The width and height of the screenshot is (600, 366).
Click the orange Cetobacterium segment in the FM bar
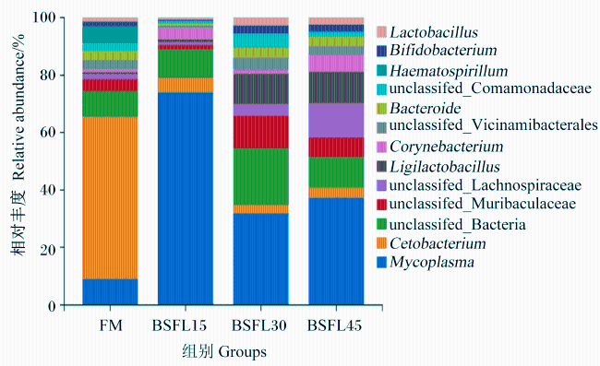[x=110, y=198]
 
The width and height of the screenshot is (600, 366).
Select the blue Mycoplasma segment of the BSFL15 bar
[x=186, y=198]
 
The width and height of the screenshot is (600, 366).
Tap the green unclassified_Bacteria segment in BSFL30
[x=261, y=176]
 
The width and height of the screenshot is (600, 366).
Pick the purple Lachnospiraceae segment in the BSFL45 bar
[x=336, y=121]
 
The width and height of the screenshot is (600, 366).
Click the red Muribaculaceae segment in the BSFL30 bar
[x=261, y=132]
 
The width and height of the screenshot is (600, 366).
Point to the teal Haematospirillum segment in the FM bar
[x=110, y=35]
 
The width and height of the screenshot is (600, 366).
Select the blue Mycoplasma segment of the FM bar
[x=110, y=292]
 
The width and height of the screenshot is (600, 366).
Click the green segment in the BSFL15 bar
[x=186, y=64]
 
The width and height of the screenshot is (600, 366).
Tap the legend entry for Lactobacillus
[x=427, y=32]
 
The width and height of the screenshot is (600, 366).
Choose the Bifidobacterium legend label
[x=443, y=50]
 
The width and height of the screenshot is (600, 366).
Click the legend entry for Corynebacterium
[x=446, y=147]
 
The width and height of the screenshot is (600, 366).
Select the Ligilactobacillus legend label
[x=445, y=167]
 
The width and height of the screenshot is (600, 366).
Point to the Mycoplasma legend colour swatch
[x=381, y=263]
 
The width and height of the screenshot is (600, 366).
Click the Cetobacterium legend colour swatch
[x=381, y=243]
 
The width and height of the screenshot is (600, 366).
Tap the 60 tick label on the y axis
[x=47, y=133]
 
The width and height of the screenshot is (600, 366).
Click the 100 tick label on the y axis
[x=44, y=18]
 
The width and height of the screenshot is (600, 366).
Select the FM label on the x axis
[x=111, y=325]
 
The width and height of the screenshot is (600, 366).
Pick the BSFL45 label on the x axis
[x=334, y=325]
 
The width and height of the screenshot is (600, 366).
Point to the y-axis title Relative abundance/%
[x=18, y=107]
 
